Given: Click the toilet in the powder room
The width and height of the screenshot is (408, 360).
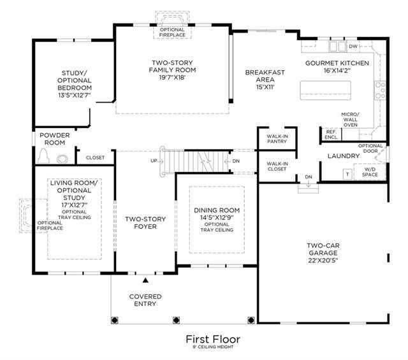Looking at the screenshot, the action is (43, 156).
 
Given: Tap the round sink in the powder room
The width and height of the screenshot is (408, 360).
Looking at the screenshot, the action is (62, 159).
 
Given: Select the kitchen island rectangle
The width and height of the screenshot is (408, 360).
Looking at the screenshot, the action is (325, 90).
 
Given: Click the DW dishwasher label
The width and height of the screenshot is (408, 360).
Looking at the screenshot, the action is (353, 47).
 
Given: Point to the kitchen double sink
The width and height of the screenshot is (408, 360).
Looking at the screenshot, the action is (337, 47).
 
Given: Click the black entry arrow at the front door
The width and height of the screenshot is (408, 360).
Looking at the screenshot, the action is (145, 280).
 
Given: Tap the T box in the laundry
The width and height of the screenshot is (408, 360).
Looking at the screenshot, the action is (347, 175).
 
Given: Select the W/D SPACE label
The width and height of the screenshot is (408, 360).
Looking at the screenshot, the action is (370, 172).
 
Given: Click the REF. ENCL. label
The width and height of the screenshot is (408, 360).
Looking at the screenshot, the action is (331, 134).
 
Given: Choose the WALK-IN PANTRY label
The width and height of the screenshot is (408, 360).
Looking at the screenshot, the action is (277, 139).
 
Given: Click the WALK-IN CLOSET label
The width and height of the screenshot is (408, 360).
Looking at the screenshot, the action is (277, 166).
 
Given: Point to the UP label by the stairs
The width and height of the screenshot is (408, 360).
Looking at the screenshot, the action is (154, 161).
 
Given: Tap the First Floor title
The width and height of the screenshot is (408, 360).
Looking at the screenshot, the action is (213, 339).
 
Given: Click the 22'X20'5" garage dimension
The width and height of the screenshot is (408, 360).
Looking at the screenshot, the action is (323, 261).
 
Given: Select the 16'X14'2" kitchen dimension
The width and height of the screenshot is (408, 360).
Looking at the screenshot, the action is (337, 71).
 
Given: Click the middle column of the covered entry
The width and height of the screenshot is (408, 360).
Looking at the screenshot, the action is (176, 320).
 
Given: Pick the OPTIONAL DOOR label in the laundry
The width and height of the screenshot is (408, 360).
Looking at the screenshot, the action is (370, 148).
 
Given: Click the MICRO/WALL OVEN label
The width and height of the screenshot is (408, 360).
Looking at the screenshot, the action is (350, 120).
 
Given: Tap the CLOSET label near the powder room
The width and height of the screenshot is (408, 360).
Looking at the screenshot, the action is (95, 157).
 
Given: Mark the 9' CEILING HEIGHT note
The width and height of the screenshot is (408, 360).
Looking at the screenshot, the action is (213, 347).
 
